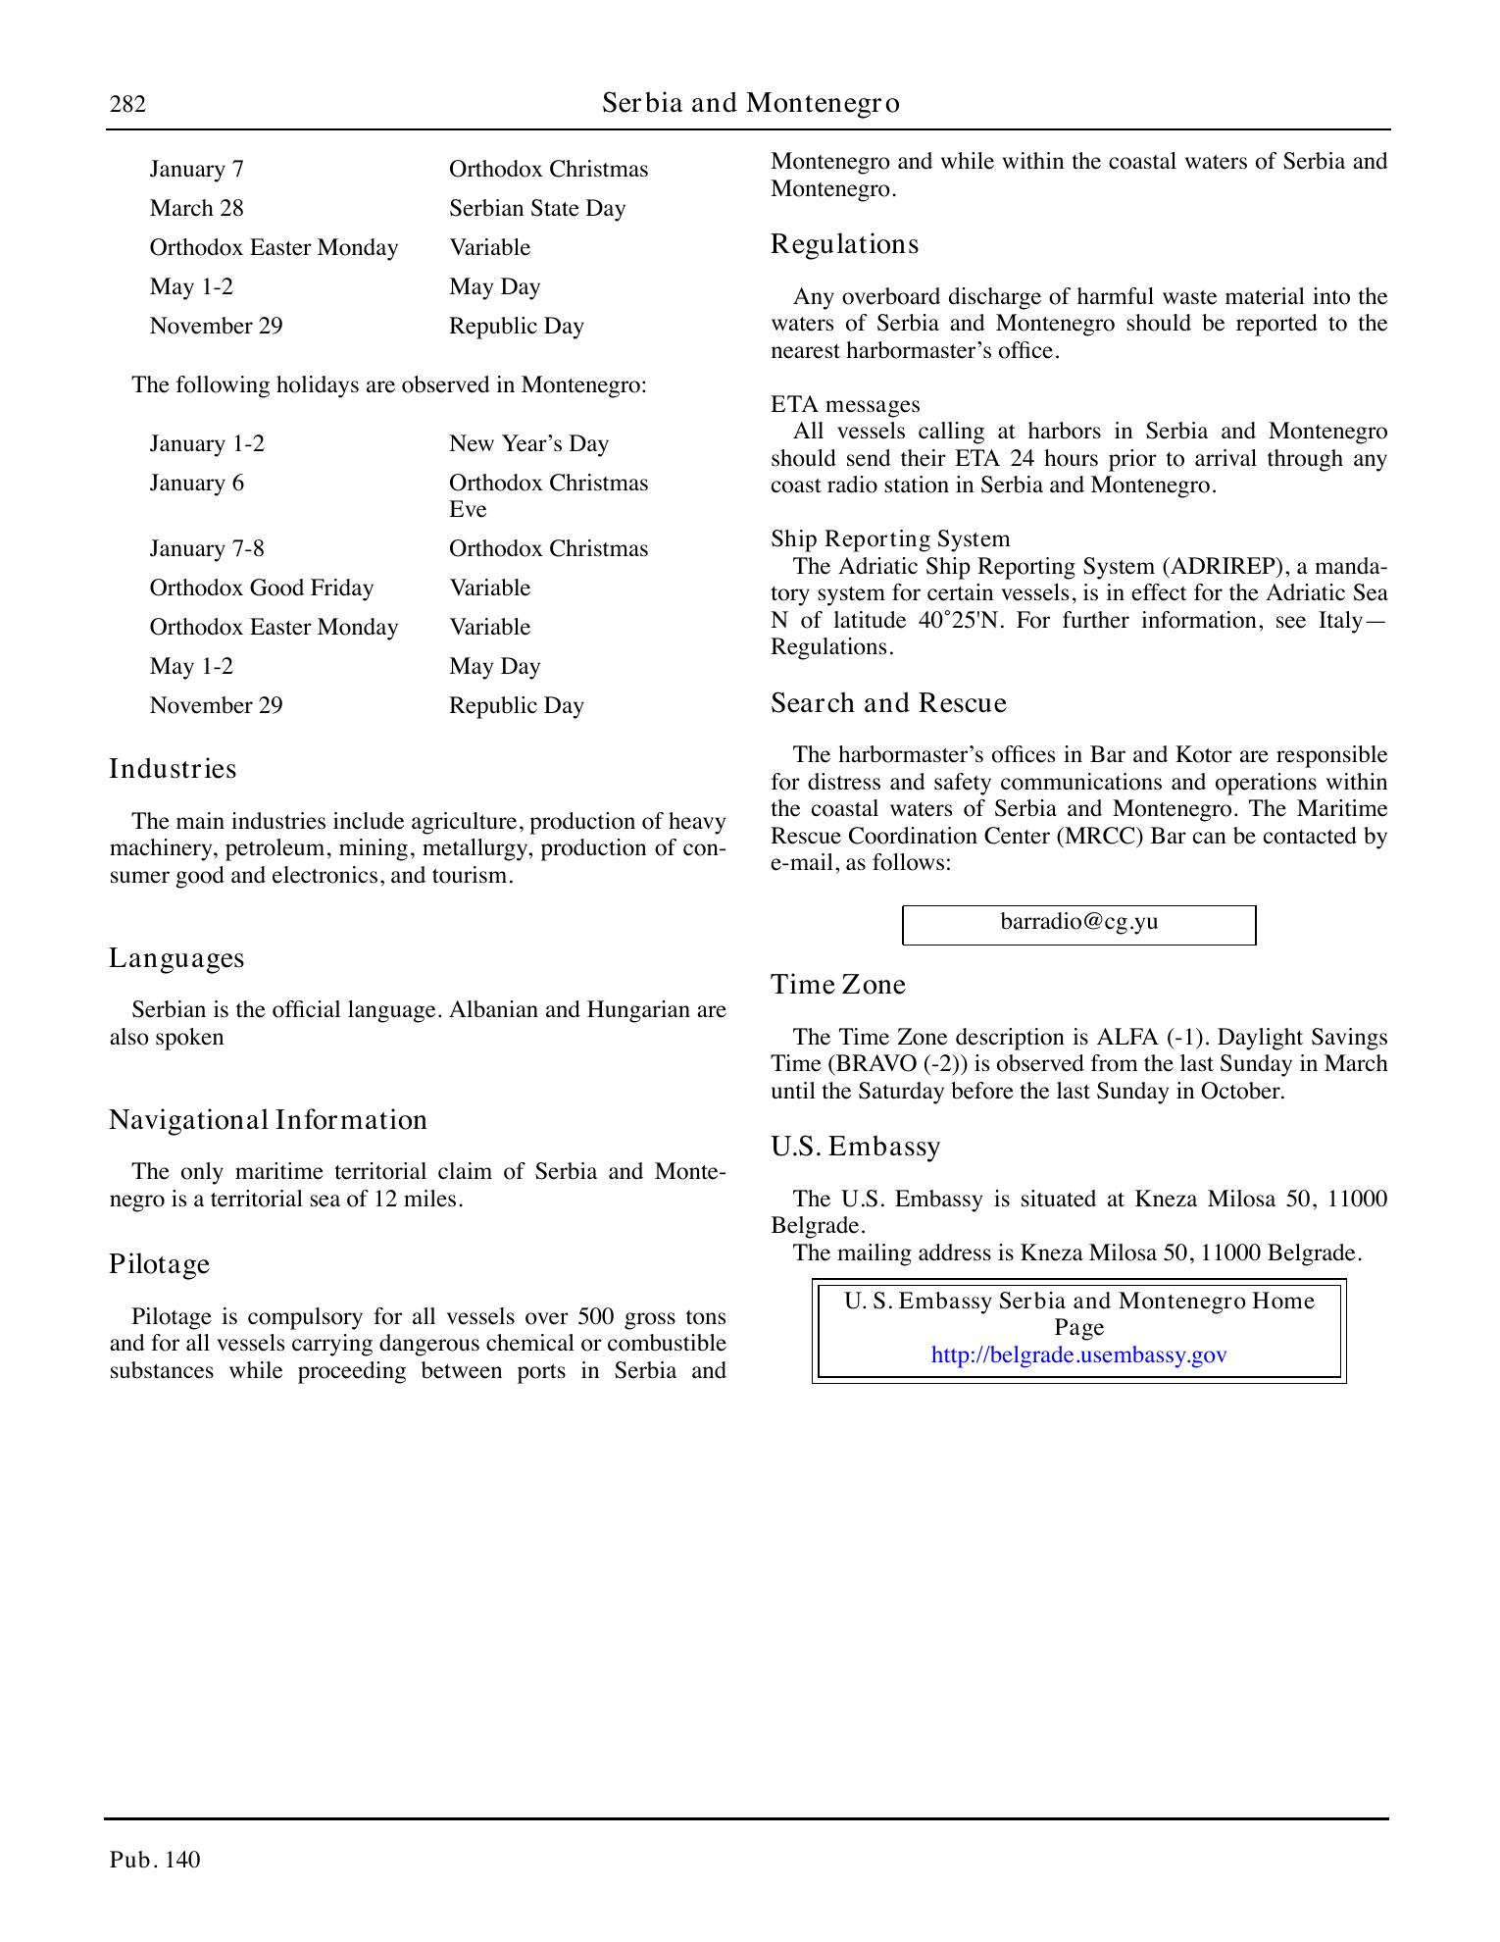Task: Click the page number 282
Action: [127, 104]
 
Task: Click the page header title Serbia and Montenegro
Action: [750, 103]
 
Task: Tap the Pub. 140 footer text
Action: [155, 1860]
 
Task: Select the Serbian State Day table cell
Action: [536, 209]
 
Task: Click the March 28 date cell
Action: [196, 209]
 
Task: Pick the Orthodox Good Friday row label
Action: [261, 588]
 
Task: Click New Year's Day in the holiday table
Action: [528, 444]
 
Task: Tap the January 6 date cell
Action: [196, 484]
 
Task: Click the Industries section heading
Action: [173, 769]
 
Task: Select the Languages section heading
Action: [176, 958]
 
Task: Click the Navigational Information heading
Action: [268, 1120]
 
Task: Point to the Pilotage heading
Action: [159, 1264]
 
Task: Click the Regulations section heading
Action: [844, 244]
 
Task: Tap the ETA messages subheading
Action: [844, 405]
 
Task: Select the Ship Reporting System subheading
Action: [889, 539]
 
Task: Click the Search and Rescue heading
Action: [888, 703]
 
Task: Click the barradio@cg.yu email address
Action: [1078, 922]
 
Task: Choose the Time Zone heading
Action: [837, 985]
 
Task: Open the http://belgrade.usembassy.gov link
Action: [1078, 1355]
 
